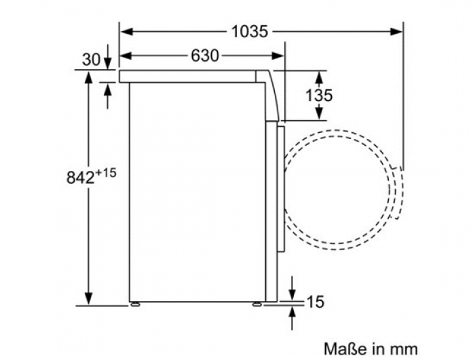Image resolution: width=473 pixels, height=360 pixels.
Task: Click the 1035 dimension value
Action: point(250,31)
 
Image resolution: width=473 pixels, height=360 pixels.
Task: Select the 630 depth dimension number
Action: point(205,56)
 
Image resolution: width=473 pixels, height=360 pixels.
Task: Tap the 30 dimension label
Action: point(91,60)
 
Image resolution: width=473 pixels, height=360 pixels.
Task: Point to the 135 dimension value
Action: point(319,95)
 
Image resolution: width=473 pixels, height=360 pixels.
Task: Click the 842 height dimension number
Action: point(81,178)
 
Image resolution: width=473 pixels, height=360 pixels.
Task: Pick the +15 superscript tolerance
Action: point(106,174)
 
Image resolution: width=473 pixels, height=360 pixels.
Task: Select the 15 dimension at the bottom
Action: point(316,302)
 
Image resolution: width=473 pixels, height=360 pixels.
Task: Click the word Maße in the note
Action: point(346,349)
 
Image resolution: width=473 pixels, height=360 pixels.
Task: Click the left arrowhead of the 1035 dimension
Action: point(126,31)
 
